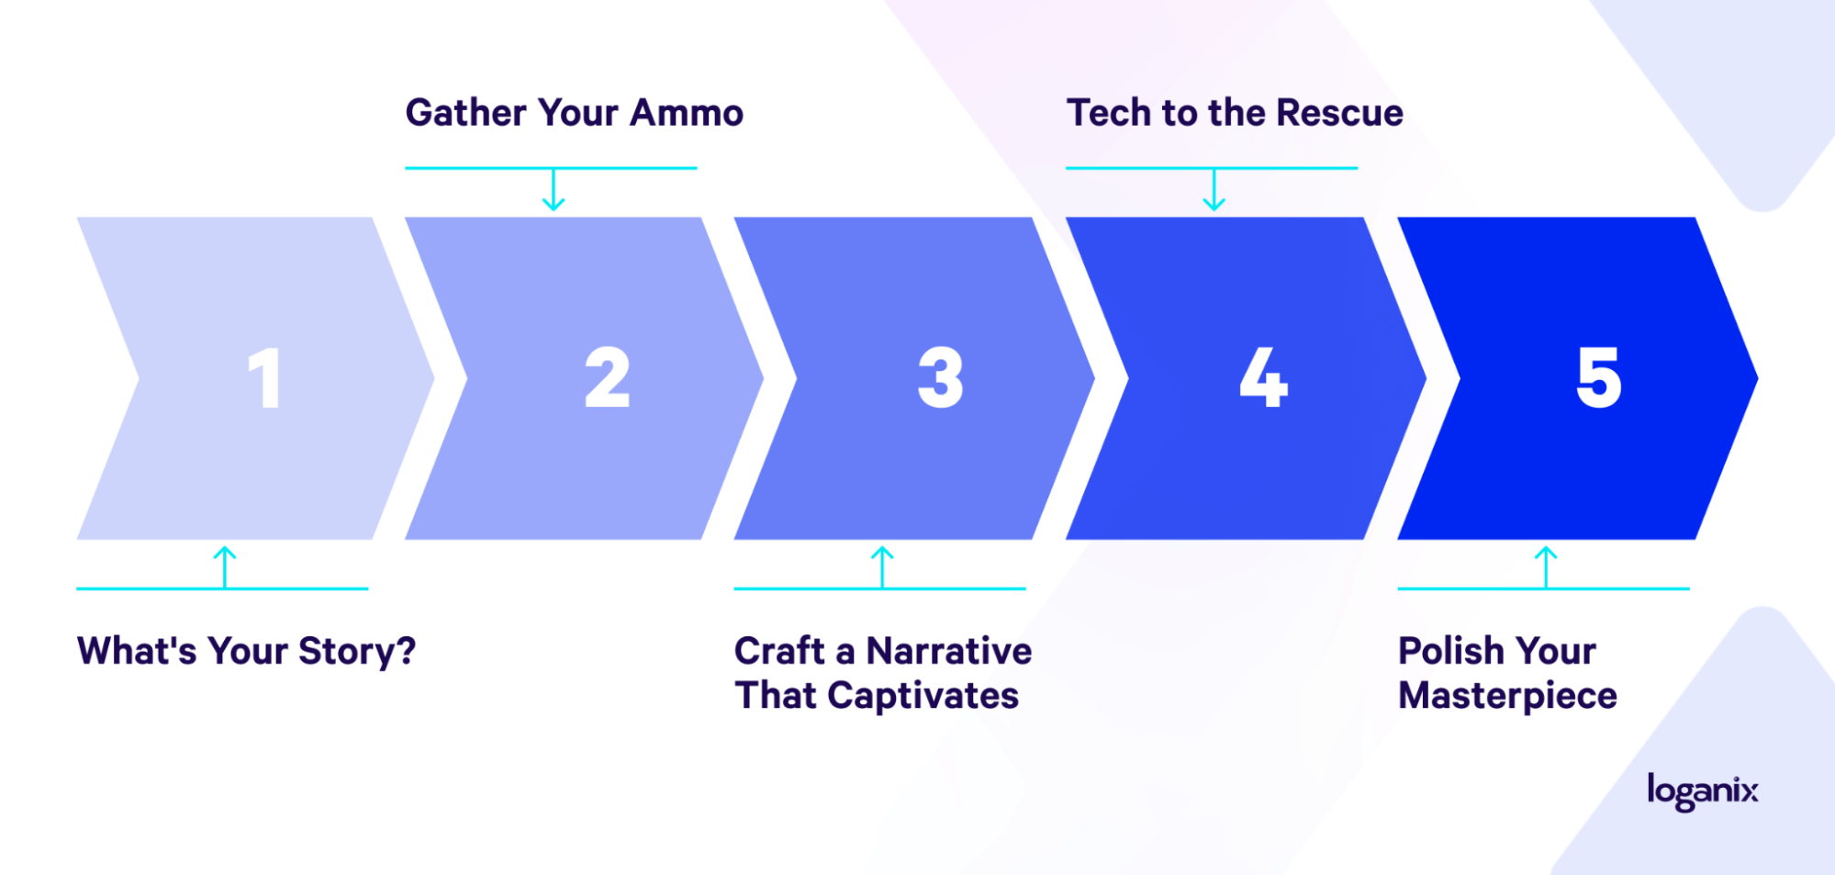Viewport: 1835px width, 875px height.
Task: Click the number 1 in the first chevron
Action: tap(265, 377)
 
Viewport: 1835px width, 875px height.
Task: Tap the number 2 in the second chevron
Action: tap(608, 377)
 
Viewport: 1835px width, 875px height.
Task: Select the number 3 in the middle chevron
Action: tap(941, 377)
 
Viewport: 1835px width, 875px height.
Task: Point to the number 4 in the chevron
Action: tap(1264, 377)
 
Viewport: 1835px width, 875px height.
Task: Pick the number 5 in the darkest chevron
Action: tap(1599, 377)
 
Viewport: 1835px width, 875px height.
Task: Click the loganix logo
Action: tap(1703, 791)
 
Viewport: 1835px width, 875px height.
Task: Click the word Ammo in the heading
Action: tap(687, 113)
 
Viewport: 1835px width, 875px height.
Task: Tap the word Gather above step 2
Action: tap(466, 113)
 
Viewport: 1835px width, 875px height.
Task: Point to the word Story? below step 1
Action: tap(357, 652)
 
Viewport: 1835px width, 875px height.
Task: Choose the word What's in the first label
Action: tap(137, 651)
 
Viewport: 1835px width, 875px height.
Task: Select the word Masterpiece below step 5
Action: tap(1507, 696)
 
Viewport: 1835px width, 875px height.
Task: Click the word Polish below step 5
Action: tap(1451, 651)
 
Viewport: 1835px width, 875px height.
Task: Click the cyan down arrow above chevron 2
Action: tap(553, 189)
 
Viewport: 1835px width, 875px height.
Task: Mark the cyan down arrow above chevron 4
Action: tap(1214, 189)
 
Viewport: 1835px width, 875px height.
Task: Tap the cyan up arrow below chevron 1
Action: tap(225, 567)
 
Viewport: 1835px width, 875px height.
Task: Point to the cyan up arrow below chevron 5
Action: tap(1546, 567)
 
